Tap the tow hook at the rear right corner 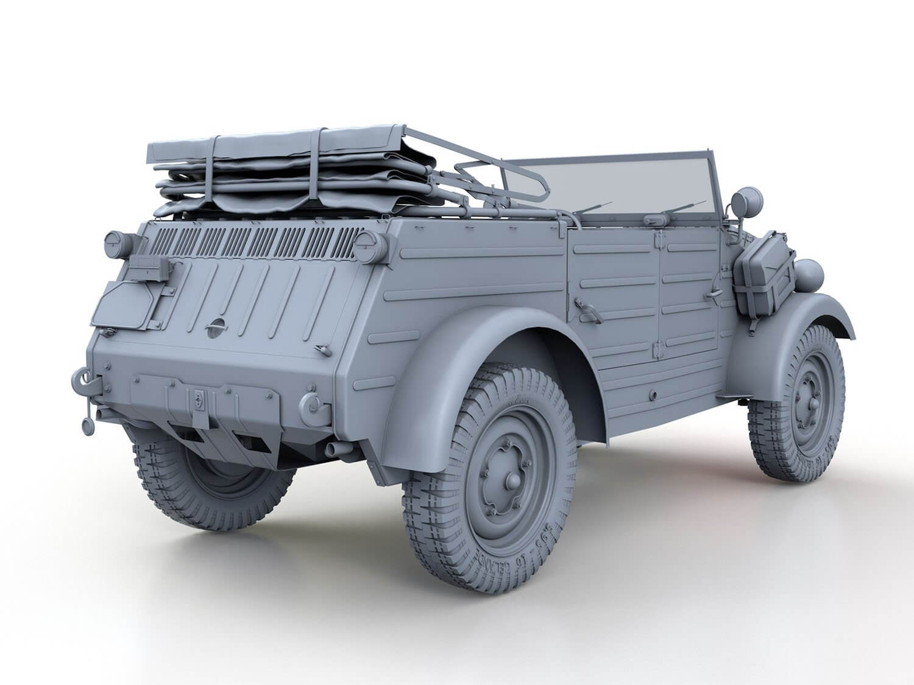(312, 401)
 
